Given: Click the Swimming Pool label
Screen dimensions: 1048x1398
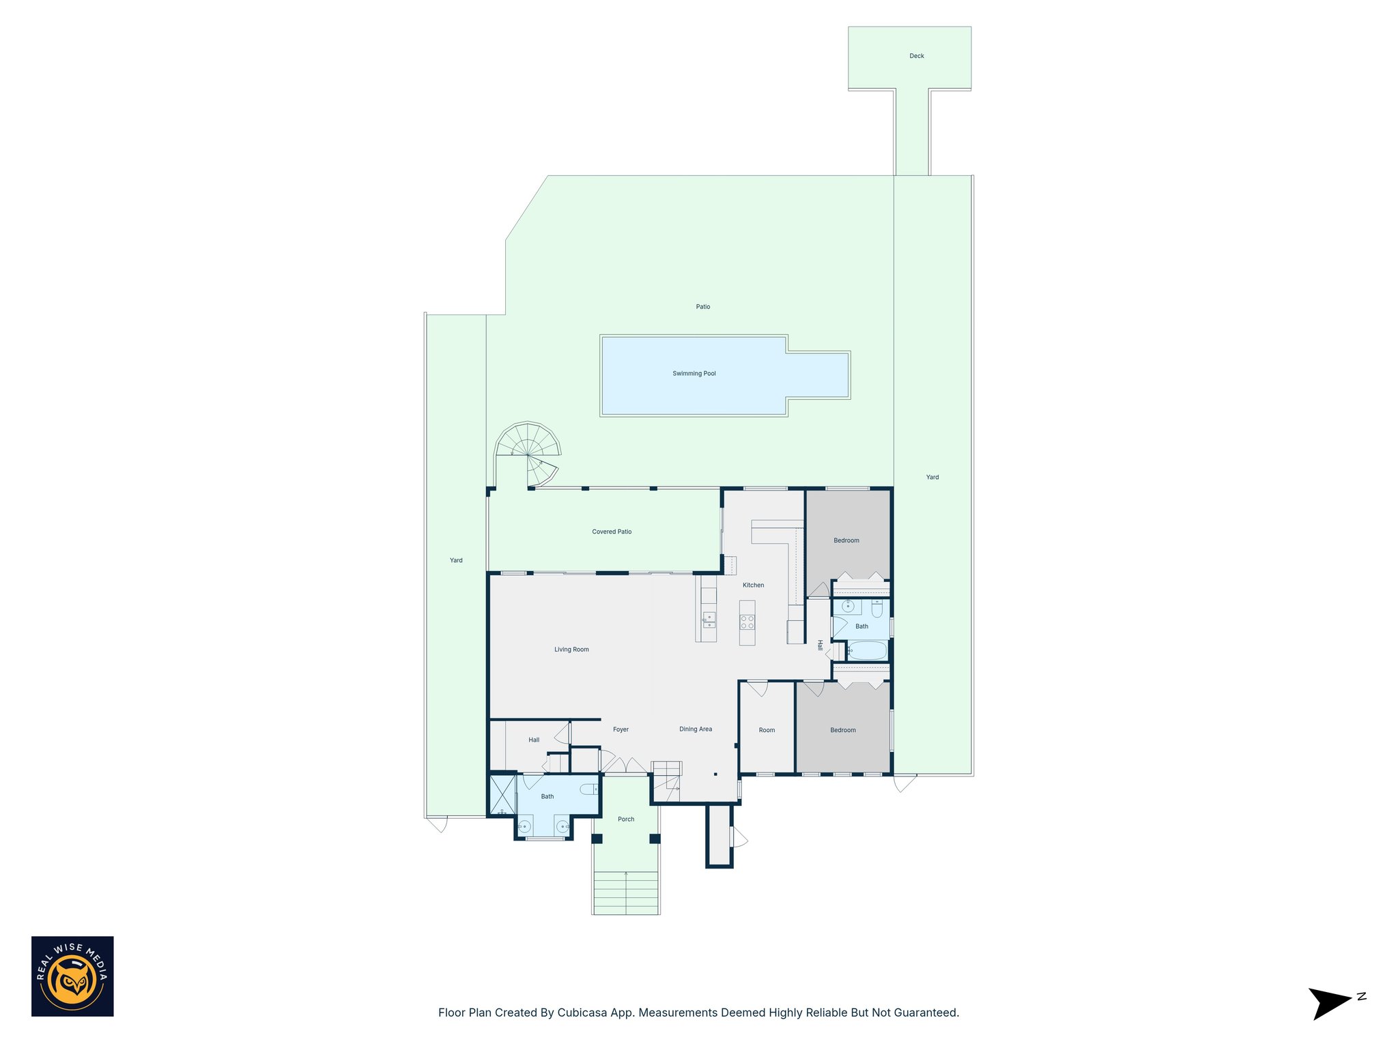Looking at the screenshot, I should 694,373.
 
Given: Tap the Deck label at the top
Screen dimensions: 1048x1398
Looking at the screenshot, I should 916,56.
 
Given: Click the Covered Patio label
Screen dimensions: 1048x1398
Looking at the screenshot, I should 612,532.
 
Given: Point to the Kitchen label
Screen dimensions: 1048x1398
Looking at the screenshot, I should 753,585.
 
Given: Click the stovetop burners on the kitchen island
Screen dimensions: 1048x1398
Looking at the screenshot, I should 747,622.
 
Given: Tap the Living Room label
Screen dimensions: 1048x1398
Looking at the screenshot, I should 571,650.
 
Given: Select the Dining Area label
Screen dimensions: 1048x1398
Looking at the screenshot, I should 695,729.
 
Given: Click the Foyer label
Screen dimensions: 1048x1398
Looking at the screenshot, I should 620,729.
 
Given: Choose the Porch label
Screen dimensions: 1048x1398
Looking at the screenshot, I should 626,819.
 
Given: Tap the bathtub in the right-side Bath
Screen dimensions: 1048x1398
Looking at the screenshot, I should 867,650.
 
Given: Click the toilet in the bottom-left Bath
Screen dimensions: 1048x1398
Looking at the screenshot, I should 588,789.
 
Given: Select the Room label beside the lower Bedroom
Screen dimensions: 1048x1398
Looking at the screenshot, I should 767,730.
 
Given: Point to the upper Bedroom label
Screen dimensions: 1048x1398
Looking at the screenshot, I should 846,540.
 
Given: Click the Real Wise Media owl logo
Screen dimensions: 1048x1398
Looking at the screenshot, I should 72,976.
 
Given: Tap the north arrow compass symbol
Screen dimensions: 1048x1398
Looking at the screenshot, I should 1329,1003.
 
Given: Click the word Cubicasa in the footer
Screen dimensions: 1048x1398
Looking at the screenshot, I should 582,1013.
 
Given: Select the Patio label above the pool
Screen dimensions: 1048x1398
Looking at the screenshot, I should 702,307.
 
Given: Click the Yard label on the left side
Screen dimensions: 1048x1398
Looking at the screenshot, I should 456,560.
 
